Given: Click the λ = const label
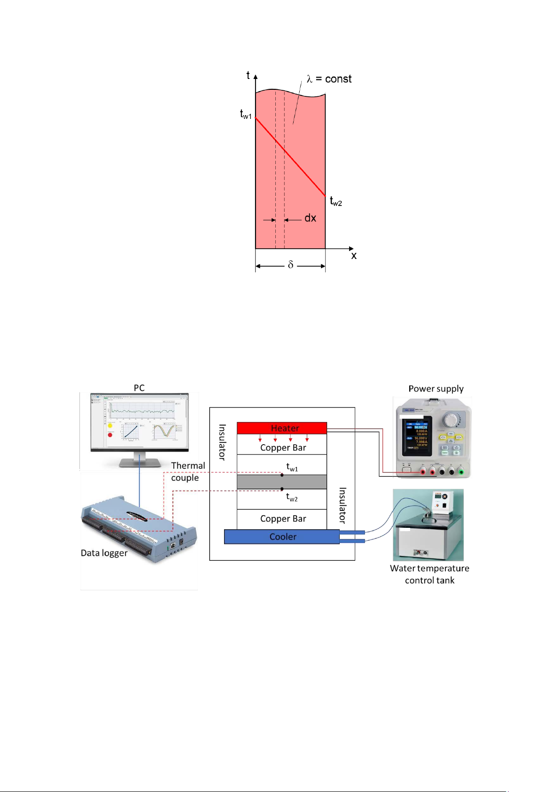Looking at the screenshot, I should coord(329,79).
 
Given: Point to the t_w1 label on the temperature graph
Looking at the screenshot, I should coord(246,114).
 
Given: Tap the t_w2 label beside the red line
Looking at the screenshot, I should coord(336,202).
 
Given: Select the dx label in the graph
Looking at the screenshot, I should coord(310,218).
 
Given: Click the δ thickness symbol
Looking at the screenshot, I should coord(290,265).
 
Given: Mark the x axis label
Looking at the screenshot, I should coord(354,256).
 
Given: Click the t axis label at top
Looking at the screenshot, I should coord(248,75).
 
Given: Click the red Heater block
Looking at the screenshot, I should coord(282,428).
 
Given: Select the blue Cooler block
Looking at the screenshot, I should coord(282,537).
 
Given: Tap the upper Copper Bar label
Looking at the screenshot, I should coord(283,448).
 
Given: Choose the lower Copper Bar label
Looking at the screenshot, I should coord(283,519).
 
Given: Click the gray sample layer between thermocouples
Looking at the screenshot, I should coord(282,482).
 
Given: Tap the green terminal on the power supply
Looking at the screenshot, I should coord(461,471).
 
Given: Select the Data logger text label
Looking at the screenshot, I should coord(104,553).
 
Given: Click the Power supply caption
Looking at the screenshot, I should coord(436,389).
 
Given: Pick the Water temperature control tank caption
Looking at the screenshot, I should coord(429,574).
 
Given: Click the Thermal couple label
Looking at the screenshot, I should coord(187,471).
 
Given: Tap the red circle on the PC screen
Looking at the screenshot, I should coord(110,435).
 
